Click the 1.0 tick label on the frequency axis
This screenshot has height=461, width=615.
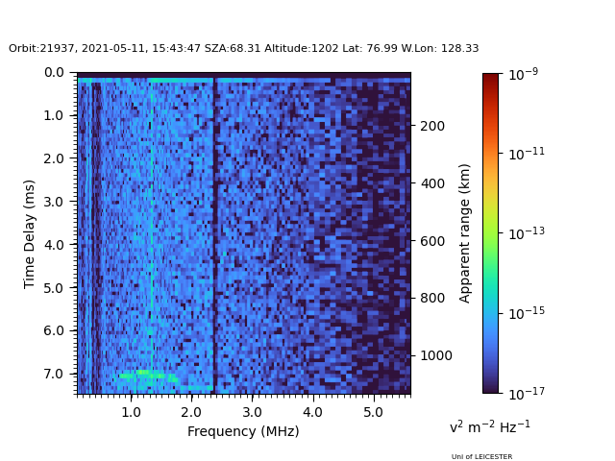tap(131, 412)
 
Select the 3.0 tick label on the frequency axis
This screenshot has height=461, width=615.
tap(252, 412)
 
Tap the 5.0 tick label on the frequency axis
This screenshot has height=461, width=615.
tap(373, 412)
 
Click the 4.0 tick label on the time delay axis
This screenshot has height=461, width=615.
tap(54, 245)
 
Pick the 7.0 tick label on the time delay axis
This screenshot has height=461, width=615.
tap(54, 374)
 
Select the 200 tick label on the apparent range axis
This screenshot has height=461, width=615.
tap(432, 126)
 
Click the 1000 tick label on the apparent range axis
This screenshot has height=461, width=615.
tap(436, 355)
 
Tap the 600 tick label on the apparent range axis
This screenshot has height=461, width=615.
tap(432, 241)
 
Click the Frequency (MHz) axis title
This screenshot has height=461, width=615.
tap(243, 431)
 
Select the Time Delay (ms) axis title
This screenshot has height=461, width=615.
tap(30, 234)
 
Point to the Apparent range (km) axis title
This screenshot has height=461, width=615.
tap(464, 233)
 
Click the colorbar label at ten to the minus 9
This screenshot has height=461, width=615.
tap(523, 74)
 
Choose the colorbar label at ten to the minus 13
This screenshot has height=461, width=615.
tap(527, 233)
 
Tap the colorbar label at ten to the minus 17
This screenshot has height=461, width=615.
tap(527, 393)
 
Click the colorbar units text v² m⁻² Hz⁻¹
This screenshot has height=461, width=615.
tap(490, 426)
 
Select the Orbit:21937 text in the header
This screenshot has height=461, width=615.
tap(43, 49)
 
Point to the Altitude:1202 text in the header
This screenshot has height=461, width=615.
tap(301, 49)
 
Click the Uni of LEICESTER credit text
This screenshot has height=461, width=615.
tap(481, 457)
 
